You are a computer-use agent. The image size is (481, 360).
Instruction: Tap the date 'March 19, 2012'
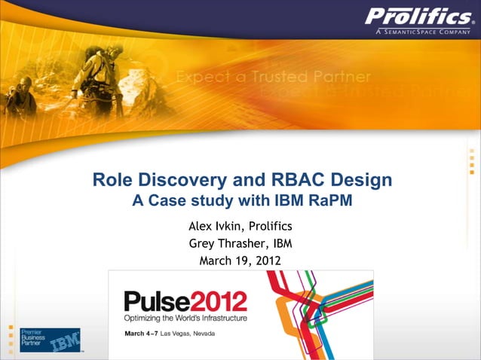click(x=240, y=261)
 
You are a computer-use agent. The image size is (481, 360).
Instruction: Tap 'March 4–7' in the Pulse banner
click(x=142, y=333)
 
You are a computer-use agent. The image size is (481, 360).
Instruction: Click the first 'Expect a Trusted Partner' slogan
click(x=273, y=78)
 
